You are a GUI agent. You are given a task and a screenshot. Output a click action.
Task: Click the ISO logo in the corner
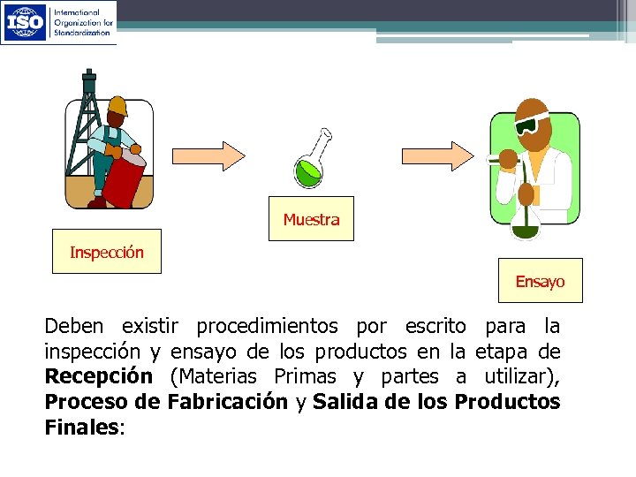(x=26, y=21)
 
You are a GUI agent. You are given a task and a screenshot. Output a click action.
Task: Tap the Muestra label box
(x=311, y=219)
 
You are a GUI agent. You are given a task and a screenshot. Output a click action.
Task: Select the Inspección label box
(x=107, y=253)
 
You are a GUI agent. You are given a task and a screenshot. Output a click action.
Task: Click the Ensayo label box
(x=540, y=281)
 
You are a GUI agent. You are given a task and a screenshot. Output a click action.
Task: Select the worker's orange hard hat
(x=118, y=105)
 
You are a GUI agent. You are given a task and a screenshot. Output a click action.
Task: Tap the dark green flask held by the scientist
(x=527, y=225)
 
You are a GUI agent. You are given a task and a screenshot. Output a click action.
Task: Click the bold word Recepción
(x=98, y=376)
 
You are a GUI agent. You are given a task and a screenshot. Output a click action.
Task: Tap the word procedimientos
(x=266, y=325)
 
